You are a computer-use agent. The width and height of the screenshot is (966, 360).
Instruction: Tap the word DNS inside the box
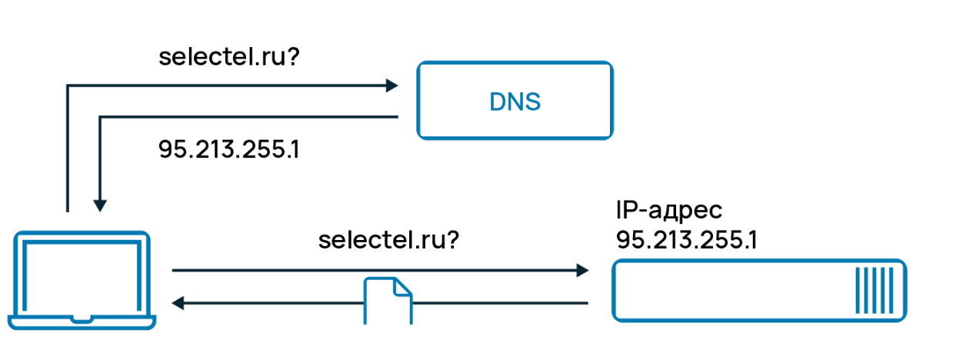515,102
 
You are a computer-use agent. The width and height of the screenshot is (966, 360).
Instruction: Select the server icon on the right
759,290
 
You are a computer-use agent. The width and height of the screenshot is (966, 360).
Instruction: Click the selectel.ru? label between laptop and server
388,240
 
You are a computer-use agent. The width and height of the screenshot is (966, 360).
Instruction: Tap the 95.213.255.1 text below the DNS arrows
228,149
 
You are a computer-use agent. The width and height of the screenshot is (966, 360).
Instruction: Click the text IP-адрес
669,210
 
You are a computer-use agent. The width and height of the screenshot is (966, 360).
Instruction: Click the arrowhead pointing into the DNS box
391,85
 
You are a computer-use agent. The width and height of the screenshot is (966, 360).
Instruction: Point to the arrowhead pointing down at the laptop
99,205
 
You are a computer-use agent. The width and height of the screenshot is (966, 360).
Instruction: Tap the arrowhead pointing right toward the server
582,271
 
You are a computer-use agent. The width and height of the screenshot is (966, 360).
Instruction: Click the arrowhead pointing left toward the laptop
178,303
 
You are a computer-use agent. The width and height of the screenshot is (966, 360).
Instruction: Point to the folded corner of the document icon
404,286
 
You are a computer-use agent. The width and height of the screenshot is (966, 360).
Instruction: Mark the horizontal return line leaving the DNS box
254,117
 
